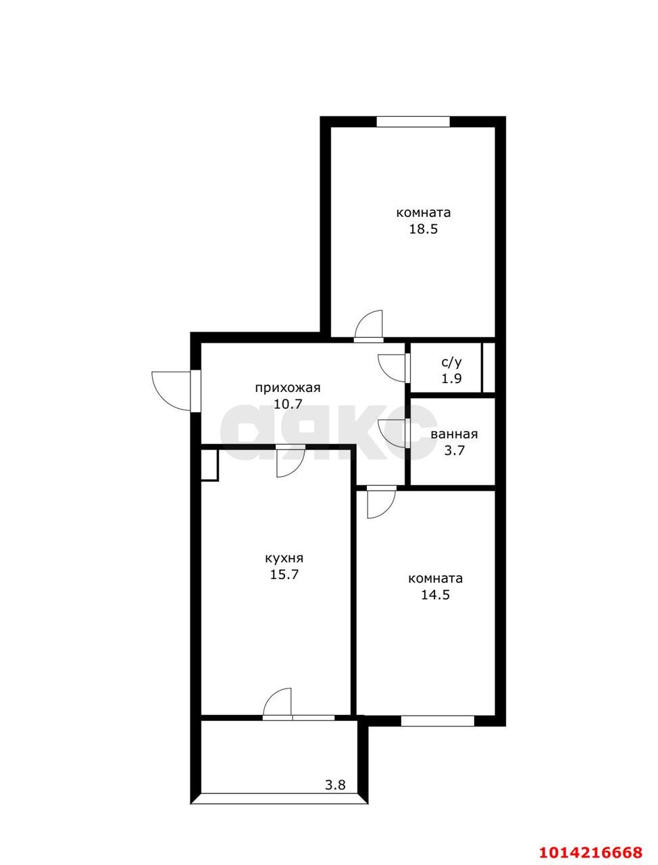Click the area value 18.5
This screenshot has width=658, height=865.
(x=424, y=229)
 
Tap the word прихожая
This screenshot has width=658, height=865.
(x=288, y=389)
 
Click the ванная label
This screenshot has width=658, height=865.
(x=454, y=435)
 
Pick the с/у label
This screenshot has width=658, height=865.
(x=451, y=362)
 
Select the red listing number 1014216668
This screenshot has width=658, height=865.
(x=590, y=850)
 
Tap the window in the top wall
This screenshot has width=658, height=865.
(x=413, y=122)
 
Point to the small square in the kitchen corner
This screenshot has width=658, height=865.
(x=209, y=465)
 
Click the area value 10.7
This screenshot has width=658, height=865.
(x=288, y=404)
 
